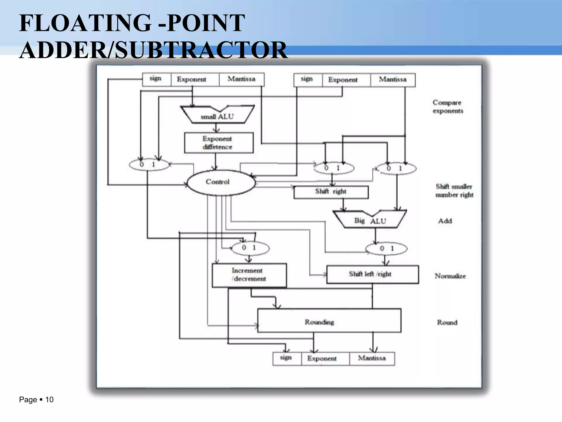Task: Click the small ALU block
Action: [x=217, y=116]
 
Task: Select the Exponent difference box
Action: [x=219, y=143]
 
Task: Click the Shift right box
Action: [x=331, y=192]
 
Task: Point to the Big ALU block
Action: [x=370, y=220]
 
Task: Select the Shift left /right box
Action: [x=372, y=274]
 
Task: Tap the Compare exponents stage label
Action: [x=448, y=107]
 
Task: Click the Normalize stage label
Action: [x=450, y=276]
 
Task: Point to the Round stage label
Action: [x=447, y=322]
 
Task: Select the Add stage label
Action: [x=445, y=221]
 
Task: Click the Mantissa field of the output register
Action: [x=372, y=358]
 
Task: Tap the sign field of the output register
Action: [x=286, y=358]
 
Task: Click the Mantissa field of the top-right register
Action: [x=393, y=80]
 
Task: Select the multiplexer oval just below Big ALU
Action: [x=386, y=249]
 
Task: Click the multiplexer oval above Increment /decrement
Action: [x=250, y=248]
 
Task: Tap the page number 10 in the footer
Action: [x=49, y=399]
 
